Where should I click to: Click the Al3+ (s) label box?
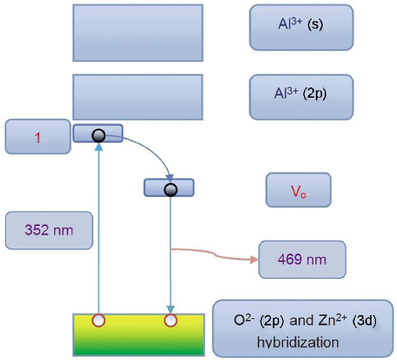pos(301,27)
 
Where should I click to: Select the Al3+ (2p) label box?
pos(301,97)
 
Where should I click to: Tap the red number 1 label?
pos(38,138)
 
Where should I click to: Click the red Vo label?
pos(298,191)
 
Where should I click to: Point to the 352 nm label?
pos(49,230)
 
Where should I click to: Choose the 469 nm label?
pos(302,259)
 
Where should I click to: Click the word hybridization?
pos(298,342)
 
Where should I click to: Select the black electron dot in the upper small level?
pos(99,136)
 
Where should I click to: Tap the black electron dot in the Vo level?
pos(171,190)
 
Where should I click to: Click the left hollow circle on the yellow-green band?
pos(99,320)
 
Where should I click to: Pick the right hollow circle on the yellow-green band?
pos(171,320)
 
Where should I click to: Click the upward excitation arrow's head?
pos(99,146)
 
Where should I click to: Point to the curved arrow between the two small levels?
pos(149,147)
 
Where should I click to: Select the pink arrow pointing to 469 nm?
pos(214,255)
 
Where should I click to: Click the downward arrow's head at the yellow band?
pos(171,310)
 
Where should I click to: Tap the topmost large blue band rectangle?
pos(138,33)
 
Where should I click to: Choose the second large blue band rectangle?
pos(138,97)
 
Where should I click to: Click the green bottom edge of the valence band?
pos(138,354)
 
